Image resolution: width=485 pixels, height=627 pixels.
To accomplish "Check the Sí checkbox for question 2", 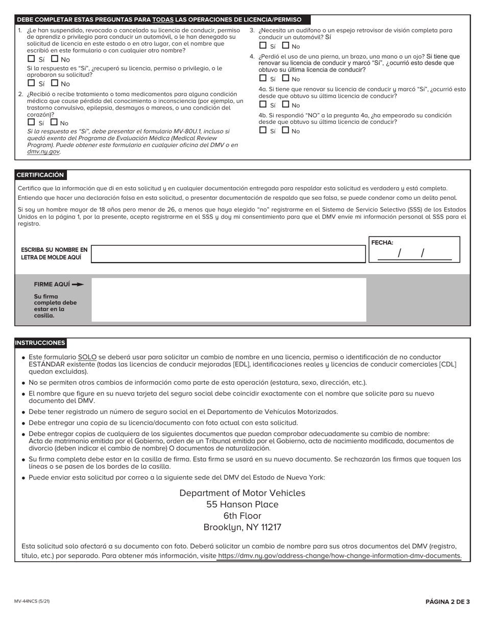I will click(x=31, y=122).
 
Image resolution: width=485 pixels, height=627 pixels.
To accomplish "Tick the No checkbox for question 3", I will click(x=286, y=46).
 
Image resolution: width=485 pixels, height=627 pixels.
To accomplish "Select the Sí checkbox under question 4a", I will click(x=263, y=104).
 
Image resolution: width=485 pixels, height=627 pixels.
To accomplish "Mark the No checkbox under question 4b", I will click(x=286, y=130).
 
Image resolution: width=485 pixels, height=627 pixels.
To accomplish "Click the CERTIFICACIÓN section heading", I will click(x=40, y=175).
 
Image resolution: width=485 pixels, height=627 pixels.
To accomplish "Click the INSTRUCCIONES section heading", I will click(x=40, y=343).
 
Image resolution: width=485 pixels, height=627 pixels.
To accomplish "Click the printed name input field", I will click(x=228, y=254).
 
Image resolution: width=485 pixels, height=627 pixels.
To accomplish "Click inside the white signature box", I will click(x=228, y=300).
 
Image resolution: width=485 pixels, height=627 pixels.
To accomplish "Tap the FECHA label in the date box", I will click(x=382, y=243).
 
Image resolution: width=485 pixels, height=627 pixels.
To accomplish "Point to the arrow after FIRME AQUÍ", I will click(x=78, y=284).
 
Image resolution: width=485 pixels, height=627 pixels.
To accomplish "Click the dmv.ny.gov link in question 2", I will click(x=43, y=151).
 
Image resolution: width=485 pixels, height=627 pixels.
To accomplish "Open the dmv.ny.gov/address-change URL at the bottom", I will click(x=339, y=556).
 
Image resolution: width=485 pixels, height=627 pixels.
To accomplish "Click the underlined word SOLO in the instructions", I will click(x=87, y=357).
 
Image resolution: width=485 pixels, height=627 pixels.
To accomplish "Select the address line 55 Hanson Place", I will click(x=243, y=505).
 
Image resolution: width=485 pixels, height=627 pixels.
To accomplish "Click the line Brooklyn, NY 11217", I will click(x=243, y=527).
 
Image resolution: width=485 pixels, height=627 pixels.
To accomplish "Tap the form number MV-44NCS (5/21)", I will click(x=32, y=602).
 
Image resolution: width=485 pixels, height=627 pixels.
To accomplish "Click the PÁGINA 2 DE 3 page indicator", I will click(x=447, y=602).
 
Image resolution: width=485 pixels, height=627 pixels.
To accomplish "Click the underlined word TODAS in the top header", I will click(x=163, y=20).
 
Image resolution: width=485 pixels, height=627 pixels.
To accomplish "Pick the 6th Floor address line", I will click(x=243, y=516).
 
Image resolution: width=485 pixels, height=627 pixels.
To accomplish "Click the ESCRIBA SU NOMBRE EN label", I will click(x=54, y=250).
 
